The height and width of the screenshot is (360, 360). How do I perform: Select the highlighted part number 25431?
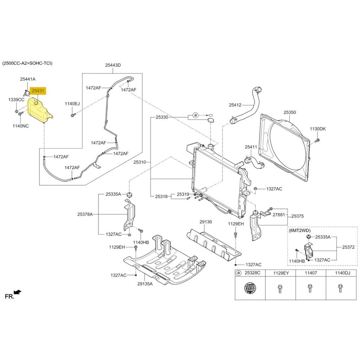tap(38, 91)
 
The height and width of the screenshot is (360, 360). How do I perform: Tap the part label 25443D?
tap(112, 65)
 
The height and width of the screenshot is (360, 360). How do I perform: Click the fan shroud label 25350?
tap(290, 112)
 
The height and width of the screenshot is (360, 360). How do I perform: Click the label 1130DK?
tap(317, 129)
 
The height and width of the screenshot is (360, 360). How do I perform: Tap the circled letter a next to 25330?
tap(195, 115)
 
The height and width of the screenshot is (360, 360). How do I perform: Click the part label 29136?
tap(206, 222)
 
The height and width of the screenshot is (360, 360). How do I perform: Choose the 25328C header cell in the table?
tap(252, 273)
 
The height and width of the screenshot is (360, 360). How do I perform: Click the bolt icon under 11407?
tap(310, 288)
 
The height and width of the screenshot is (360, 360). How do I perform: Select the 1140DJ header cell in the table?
tap(340, 273)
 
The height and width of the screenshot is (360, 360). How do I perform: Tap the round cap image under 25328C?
tap(250, 289)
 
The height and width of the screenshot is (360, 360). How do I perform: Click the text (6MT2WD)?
tap(300, 231)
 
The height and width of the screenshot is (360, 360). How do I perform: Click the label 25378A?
tap(85, 214)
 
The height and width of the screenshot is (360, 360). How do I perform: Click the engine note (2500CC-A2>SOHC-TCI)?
tap(27, 63)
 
